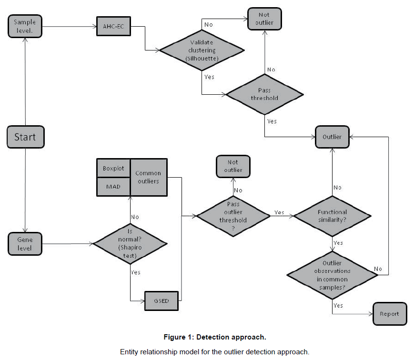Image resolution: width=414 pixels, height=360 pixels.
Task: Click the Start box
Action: pyautogui.click(x=25, y=137)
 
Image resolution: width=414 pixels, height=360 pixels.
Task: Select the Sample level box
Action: pyautogui.click(x=25, y=26)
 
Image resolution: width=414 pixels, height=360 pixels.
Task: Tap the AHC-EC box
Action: pyautogui.click(x=113, y=26)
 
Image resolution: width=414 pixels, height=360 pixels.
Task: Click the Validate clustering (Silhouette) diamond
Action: pyautogui.click(x=202, y=50)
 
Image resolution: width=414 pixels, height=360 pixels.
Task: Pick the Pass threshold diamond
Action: pyautogui.click(x=264, y=94)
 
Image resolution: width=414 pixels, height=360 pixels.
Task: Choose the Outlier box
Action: pyautogui.click(x=332, y=137)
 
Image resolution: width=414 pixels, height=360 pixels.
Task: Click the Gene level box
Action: pyautogui.click(x=25, y=243)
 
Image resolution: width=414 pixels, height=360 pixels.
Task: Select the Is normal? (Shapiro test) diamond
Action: pyautogui.click(x=130, y=243)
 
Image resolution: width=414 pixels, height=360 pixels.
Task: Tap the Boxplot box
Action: pyautogui.click(x=113, y=168)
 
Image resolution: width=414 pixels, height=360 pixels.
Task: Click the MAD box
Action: pyautogui.click(x=113, y=186)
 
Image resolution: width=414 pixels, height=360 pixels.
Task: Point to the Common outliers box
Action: pyautogui.click(x=149, y=177)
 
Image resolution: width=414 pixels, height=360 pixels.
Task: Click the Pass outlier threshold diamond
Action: pyautogui.click(x=233, y=216)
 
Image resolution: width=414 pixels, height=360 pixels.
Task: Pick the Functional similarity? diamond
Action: pyautogui.click(x=332, y=216)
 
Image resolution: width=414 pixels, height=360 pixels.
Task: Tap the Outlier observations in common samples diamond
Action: pyautogui.click(x=332, y=275)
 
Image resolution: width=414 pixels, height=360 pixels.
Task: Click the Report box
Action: pyautogui.click(x=390, y=314)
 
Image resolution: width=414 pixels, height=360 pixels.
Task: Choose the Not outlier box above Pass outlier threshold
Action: pyautogui.click(x=233, y=166)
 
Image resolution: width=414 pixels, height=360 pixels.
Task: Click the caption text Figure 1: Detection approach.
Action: pyautogui.click(x=215, y=337)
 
